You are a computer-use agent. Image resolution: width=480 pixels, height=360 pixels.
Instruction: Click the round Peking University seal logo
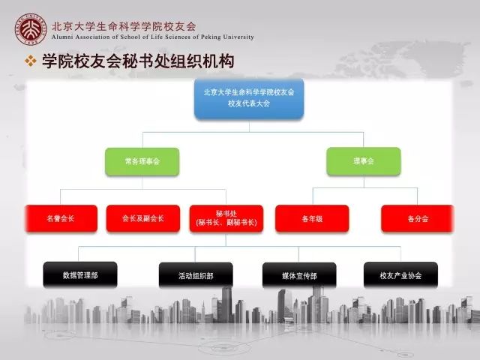(x=31, y=29)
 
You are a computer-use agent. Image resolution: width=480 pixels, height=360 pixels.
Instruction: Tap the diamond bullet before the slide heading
(x=30, y=61)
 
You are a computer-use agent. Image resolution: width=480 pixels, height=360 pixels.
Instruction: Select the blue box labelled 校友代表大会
(x=249, y=98)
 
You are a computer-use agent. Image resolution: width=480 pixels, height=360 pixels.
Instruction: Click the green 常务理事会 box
(x=142, y=162)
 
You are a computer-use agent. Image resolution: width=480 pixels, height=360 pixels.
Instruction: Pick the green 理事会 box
(x=364, y=161)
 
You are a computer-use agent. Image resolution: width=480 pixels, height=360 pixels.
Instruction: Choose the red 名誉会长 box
(x=61, y=218)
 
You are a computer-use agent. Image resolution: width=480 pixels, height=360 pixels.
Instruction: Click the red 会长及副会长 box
(x=143, y=218)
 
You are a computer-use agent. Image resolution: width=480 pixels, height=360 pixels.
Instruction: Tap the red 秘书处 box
(x=226, y=218)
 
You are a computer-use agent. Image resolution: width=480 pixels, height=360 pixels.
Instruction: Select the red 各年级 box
(x=312, y=218)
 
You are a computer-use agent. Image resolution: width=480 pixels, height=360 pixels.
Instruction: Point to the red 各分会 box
(x=418, y=218)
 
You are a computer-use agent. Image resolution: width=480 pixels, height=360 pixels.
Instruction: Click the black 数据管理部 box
(x=80, y=275)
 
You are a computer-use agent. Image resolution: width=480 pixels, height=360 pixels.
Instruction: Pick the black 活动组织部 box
(x=196, y=275)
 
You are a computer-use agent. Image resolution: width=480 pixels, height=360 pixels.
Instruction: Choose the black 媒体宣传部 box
(x=299, y=275)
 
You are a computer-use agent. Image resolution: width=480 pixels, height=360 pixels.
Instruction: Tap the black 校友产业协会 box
(x=400, y=275)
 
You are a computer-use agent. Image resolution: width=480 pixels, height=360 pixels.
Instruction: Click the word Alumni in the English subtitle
(x=62, y=37)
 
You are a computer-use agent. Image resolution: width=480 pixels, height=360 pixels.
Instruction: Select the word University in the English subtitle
(x=238, y=37)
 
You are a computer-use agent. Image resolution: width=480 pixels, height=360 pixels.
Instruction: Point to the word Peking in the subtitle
(x=211, y=37)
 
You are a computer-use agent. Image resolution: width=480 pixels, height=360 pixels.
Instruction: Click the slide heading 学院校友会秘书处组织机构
(x=138, y=61)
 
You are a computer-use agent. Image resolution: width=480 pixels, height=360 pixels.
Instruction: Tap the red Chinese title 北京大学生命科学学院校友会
(x=124, y=26)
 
